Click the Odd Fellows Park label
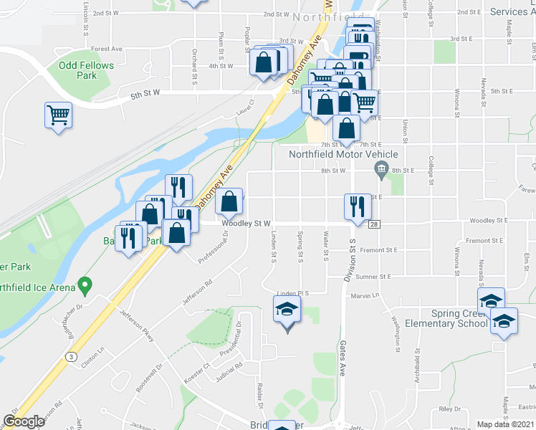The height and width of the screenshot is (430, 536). click(87, 70)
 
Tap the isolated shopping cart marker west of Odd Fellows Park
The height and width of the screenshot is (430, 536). click(58, 115)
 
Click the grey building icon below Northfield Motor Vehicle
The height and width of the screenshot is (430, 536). click(381, 170)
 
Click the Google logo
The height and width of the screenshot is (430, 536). click(24, 422)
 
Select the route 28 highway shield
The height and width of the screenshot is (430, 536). click(374, 225)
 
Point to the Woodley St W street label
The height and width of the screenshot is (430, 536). click(246, 224)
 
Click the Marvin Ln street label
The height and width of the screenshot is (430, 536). click(363, 295)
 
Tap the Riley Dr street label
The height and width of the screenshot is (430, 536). click(449, 408)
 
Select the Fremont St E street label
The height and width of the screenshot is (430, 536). click(380, 250)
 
